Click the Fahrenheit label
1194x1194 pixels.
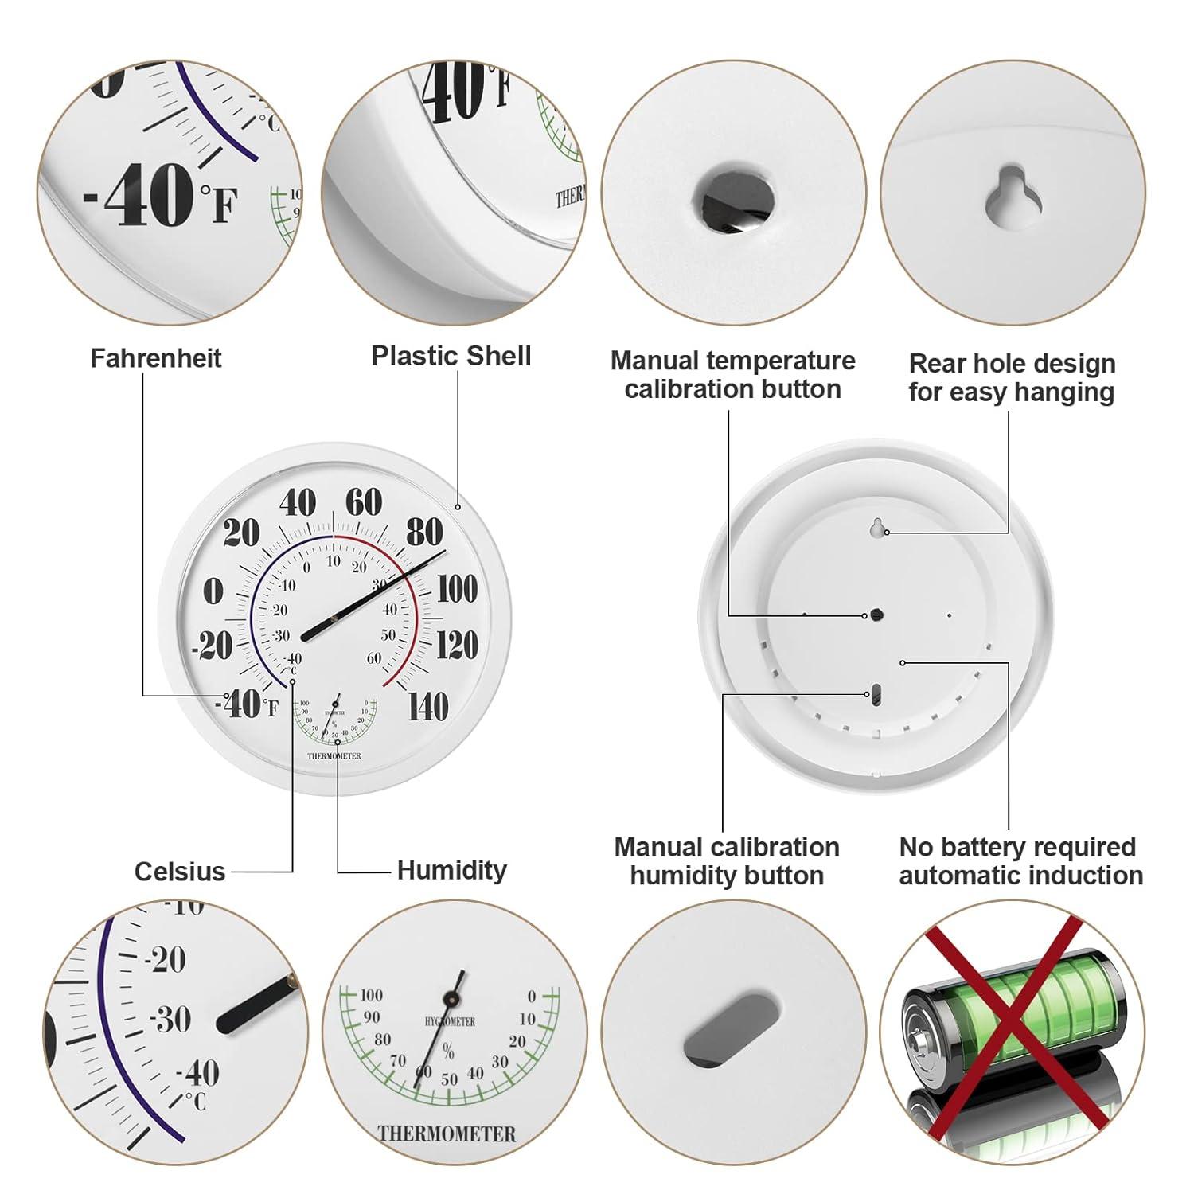coord(156,358)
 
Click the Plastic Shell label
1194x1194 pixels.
coord(451,356)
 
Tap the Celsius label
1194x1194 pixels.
coord(180,872)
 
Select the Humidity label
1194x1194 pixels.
coord(451,870)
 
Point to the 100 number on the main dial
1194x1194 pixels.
coord(457,590)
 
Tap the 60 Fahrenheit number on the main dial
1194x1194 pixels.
coord(364,502)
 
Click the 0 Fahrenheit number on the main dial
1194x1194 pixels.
coord(213,591)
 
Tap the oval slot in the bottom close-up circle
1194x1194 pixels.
coord(732,1028)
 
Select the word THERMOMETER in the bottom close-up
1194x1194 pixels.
coord(447,1134)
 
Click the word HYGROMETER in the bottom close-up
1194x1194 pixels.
coord(450,1021)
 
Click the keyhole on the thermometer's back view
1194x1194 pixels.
coord(876,528)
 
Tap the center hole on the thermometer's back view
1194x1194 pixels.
coord(876,615)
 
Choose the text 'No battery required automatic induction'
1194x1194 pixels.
coord(1020,861)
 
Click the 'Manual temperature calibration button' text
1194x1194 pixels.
coord(732,375)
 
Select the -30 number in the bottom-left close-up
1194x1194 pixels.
coord(170,1019)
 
